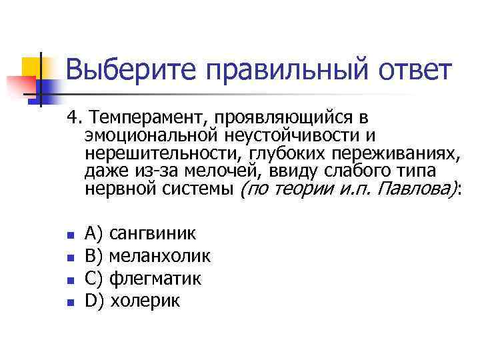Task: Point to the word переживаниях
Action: [397, 153]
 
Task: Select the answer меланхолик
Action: [159, 255]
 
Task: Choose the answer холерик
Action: [145, 301]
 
